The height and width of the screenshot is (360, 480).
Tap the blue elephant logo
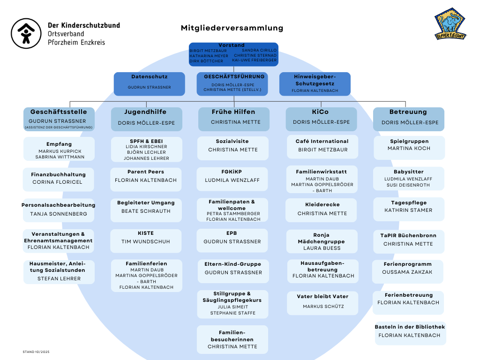450,24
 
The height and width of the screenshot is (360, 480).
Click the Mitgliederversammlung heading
232,28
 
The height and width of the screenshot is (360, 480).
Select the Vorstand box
233,54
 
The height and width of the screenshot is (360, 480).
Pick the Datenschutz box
149,83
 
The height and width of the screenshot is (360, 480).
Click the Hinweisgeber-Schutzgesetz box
315,83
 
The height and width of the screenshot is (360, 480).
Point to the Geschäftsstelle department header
59,119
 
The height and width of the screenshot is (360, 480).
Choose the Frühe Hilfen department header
233,119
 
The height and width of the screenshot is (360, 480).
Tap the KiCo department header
321,119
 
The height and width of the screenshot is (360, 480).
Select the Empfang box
59,149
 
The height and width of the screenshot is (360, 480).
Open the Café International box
322,147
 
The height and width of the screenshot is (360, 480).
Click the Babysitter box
409,179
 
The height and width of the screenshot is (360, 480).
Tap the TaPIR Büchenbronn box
408,240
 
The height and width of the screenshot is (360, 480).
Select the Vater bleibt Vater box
322,302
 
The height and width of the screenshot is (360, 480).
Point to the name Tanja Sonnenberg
59,214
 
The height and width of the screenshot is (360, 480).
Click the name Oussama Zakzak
407,272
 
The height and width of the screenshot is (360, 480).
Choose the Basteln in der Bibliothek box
410,332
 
